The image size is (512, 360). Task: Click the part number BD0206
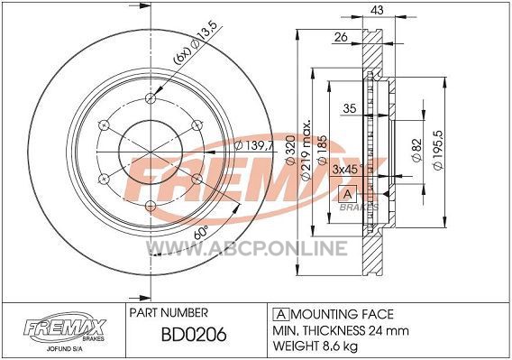tap(194, 335)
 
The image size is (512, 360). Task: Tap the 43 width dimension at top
tap(378, 10)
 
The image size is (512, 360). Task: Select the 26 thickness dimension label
tap(341, 37)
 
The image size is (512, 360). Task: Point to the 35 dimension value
tap(350, 108)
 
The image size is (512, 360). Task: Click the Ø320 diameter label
tap(290, 149)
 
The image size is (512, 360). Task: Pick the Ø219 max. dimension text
tap(306, 151)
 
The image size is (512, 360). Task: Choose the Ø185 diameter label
tap(321, 149)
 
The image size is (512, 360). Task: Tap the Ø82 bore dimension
tap(417, 150)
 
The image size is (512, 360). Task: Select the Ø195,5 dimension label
tap(438, 150)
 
